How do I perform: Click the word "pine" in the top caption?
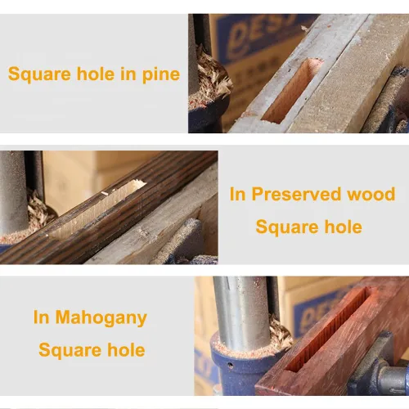coord(161,74)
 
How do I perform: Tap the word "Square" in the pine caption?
coord(39,74)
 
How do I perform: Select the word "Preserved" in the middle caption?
coord(296,194)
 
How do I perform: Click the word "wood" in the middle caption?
coord(371,194)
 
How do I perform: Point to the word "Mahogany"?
coord(101,318)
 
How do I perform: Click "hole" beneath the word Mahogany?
coord(126,350)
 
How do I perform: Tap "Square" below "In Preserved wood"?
coord(287,227)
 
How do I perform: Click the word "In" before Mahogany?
coord(41,317)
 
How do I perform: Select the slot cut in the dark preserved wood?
coord(97,209)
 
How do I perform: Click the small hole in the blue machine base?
coord(231,365)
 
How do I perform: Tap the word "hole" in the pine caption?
coord(95,74)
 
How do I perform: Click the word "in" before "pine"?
coord(128,74)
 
